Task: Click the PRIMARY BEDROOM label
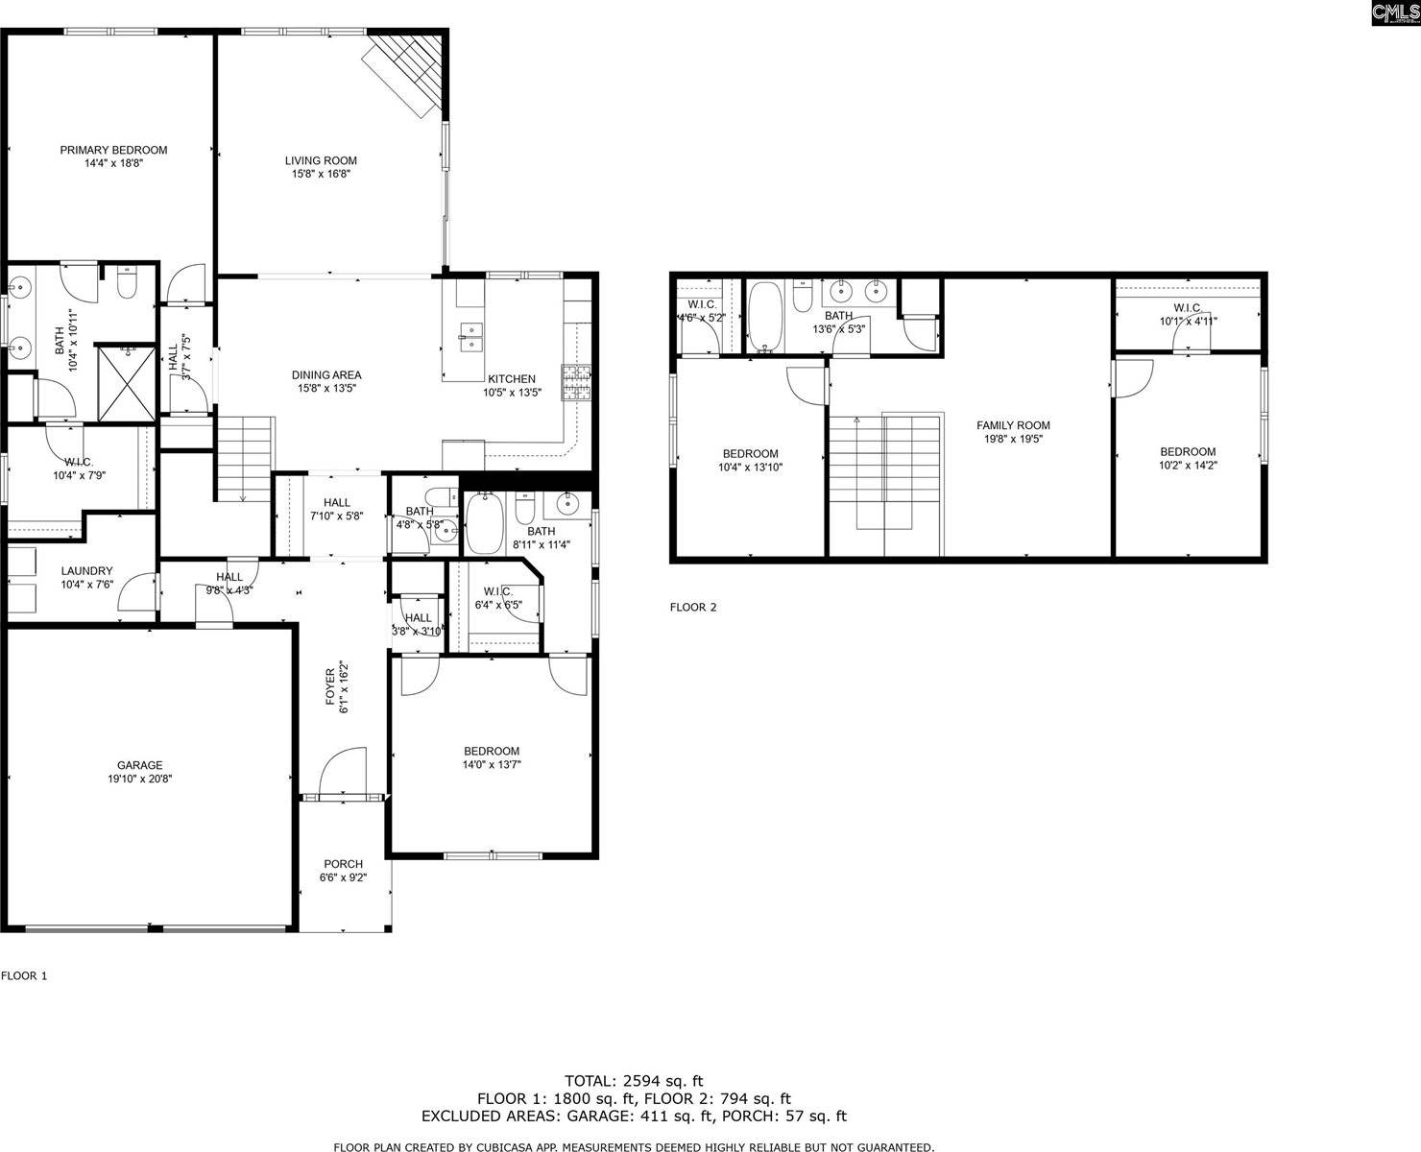coord(113,150)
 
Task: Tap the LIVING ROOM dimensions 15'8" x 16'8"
coord(321,174)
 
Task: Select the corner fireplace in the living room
coord(409,71)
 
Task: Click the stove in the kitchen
coord(576,383)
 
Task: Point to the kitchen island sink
coord(470,332)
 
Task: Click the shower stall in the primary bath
coord(126,381)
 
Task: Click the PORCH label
coord(343,864)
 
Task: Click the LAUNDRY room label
coord(86,570)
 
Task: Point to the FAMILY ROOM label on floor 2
coord(1013,425)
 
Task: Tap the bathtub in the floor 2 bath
coord(765,314)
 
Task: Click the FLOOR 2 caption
coord(692,607)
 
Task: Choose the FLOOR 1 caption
coord(24,975)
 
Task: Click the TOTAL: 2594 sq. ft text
coord(634,1081)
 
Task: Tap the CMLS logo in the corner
coord(1394,12)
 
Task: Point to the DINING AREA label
coord(326,375)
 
